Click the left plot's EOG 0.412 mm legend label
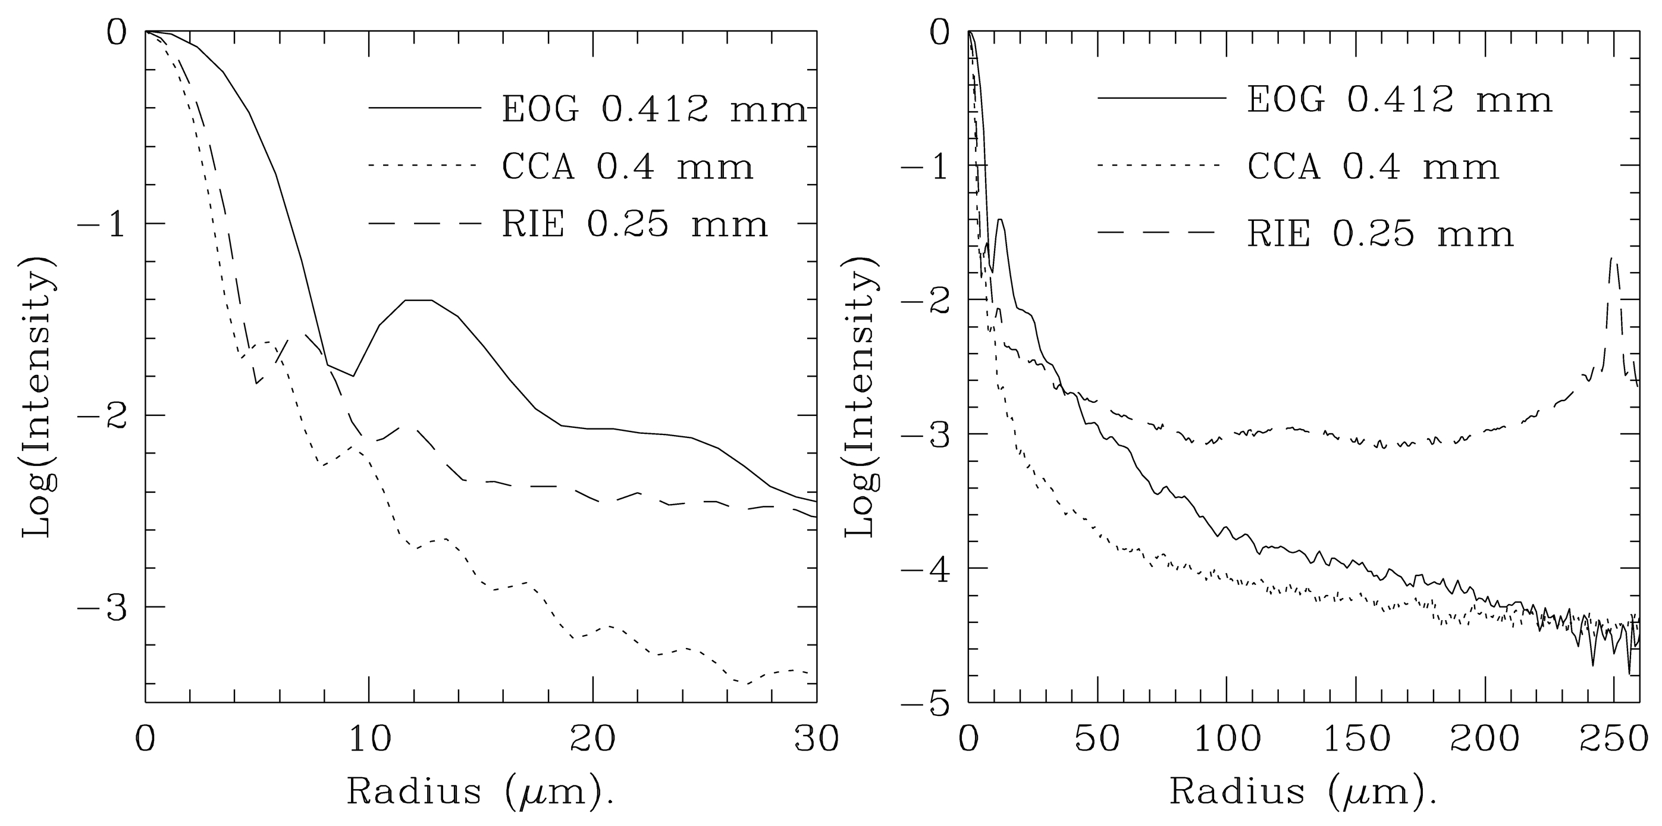click(654, 109)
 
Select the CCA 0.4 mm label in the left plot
click(627, 167)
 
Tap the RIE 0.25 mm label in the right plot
click(1379, 234)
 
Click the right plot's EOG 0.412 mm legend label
click(1400, 101)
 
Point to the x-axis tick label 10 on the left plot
click(368, 740)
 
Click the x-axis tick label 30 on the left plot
click(816, 740)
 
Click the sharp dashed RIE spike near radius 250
click(1611, 259)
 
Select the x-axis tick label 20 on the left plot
click(592, 740)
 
